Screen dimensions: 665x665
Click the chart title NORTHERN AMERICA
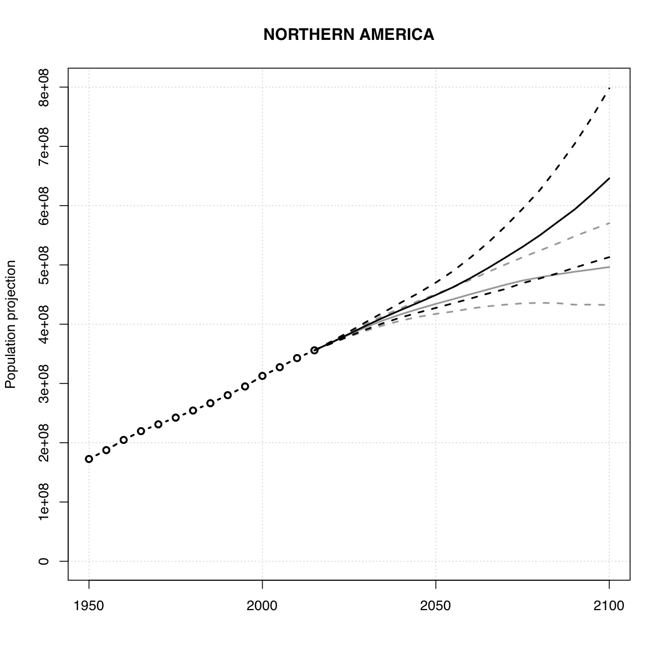coord(349,35)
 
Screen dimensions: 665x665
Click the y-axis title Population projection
coord(11,324)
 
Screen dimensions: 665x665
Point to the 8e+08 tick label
coord(44,88)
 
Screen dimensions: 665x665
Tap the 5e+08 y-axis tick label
coord(44,265)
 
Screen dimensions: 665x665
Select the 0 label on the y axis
coord(44,561)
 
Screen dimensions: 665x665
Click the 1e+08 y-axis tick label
coord(44,502)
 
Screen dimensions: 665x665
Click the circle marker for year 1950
coord(89,459)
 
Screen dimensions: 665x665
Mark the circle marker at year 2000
coord(262,376)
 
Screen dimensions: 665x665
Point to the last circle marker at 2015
coord(314,350)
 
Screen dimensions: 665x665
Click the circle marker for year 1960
coord(124,439)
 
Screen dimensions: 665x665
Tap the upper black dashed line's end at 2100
coord(609,89)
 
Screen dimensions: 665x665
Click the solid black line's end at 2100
coord(609,178)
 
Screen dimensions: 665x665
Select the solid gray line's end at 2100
coord(609,267)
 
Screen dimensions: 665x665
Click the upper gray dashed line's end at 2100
coord(609,223)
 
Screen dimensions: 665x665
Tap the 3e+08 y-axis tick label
coord(44,383)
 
